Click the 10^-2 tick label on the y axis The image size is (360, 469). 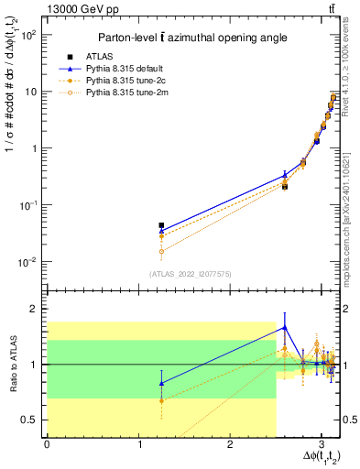tap(27, 262)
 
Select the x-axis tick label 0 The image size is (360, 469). tap(47, 446)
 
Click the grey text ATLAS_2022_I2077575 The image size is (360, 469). tap(190, 274)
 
